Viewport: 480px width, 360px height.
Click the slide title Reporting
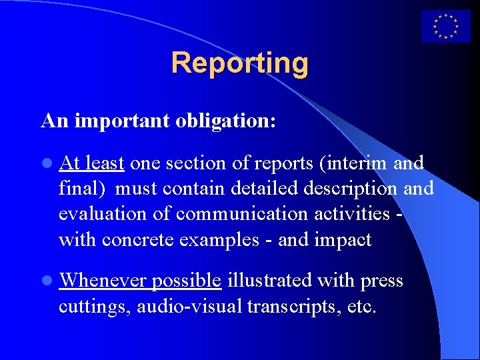click(240, 63)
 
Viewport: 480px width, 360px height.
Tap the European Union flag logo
click(445, 26)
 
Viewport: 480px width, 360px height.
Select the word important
click(123, 121)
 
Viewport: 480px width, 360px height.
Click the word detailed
click(265, 188)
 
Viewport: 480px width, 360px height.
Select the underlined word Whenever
click(103, 281)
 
